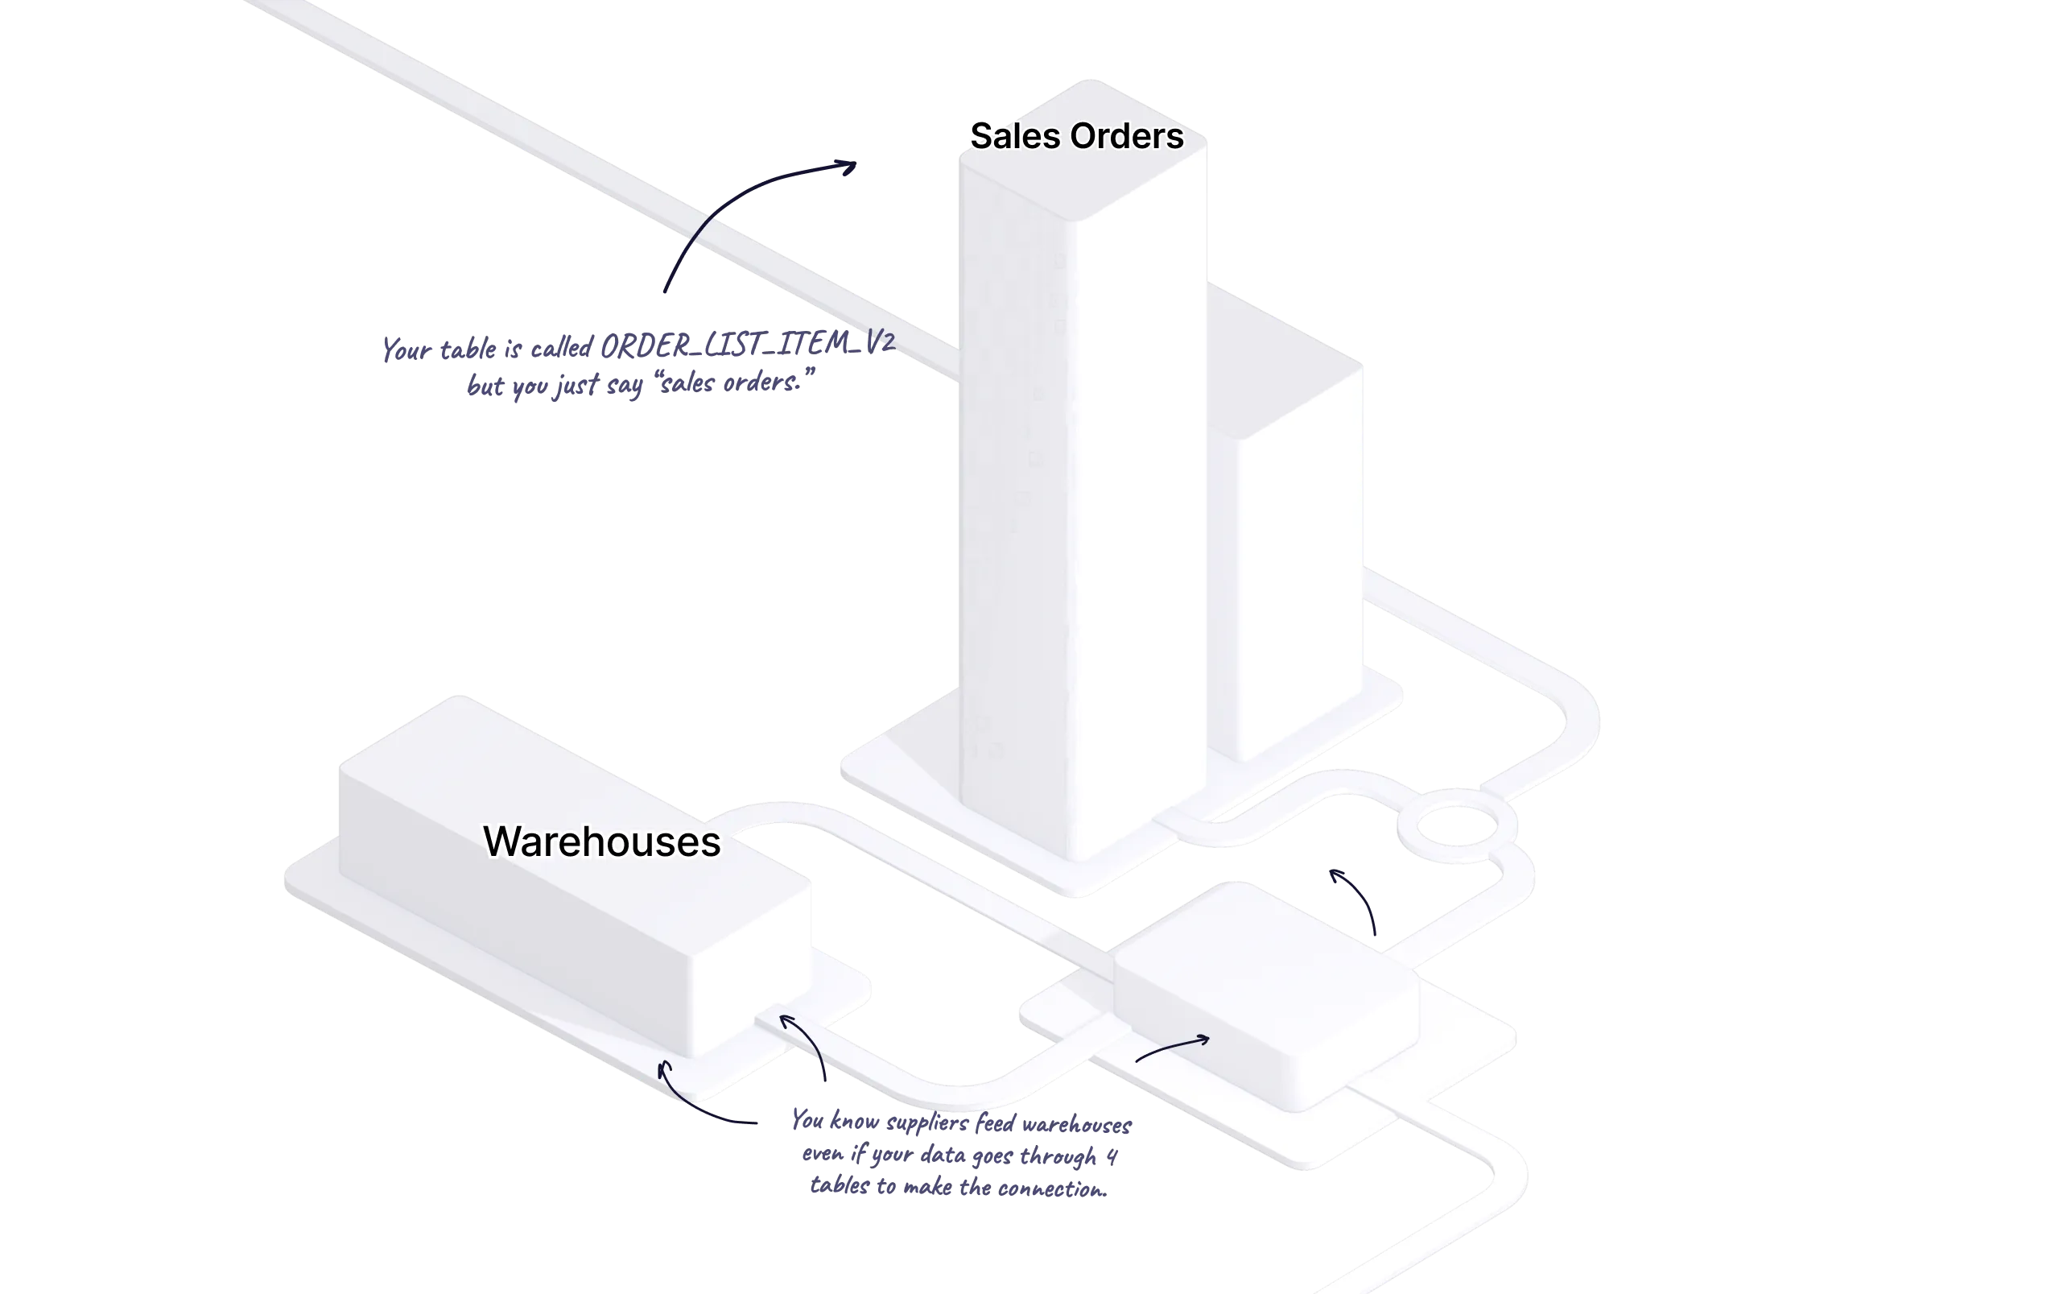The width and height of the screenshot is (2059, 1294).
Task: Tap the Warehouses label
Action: [601, 841]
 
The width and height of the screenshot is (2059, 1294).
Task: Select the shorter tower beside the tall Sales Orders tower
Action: [1300, 556]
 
